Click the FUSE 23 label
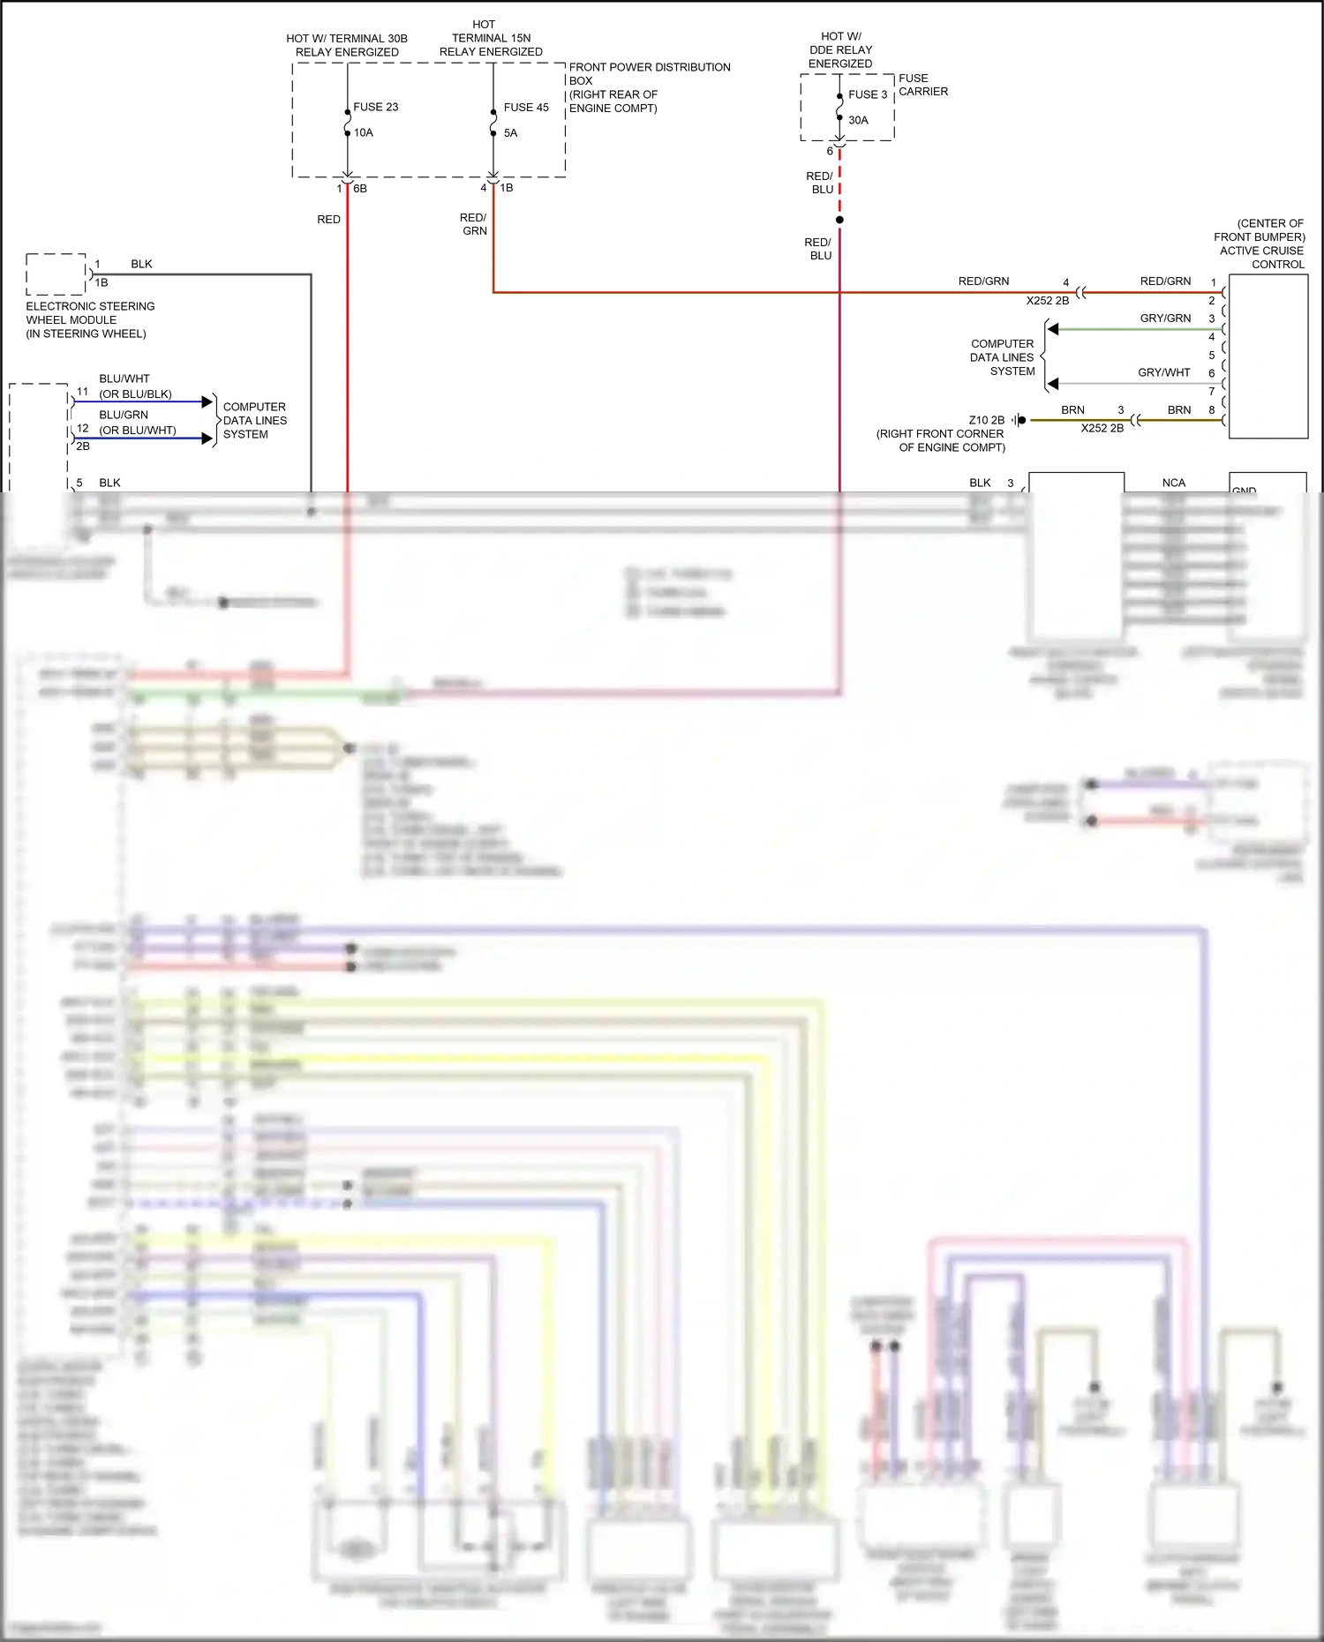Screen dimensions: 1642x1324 point(375,107)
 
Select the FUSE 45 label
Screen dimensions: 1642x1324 point(526,107)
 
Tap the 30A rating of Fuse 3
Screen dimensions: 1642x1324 point(858,120)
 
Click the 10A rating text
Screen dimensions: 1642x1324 point(364,132)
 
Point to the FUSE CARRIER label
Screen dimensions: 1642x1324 point(922,85)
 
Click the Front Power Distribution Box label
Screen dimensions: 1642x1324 point(649,86)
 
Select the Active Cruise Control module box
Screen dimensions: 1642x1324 point(1268,356)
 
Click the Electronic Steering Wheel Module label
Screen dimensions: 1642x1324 point(89,319)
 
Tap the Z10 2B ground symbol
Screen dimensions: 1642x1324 point(1019,420)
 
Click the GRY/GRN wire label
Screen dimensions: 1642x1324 point(1165,318)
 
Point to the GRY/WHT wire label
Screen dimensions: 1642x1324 point(1163,372)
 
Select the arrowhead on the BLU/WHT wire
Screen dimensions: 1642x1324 point(208,401)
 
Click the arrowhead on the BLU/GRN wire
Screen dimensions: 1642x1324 point(208,438)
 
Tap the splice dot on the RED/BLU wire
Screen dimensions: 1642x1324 point(839,220)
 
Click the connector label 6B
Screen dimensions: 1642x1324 point(360,188)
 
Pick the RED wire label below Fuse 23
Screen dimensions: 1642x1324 point(328,219)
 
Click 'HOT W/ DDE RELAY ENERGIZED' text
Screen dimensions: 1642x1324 point(840,49)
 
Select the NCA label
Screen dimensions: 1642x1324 point(1173,483)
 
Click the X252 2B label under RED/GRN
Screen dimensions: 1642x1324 point(1047,301)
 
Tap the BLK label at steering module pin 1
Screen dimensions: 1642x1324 point(141,264)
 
